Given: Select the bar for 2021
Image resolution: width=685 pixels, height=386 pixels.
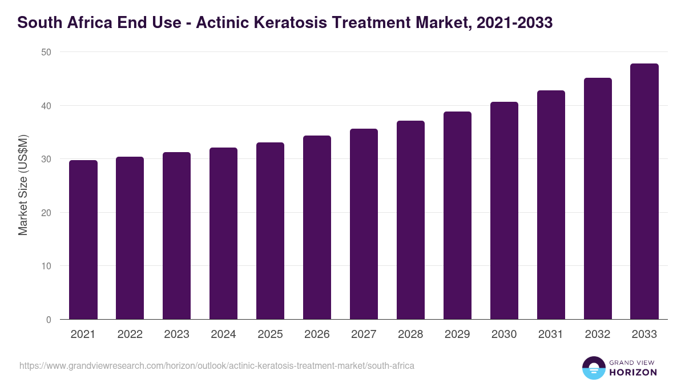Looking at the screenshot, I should pyautogui.click(x=83, y=240).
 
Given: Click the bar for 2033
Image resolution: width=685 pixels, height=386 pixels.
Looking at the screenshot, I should pyautogui.click(x=644, y=192).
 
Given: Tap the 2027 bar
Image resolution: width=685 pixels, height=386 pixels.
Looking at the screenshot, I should pyautogui.click(x=364, y=224).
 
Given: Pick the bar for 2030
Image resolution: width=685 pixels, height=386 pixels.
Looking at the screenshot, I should pyautogui.click(x=504, y=210).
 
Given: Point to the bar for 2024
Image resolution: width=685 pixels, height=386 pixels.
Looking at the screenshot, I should pyautogui.click(x=223, y=233).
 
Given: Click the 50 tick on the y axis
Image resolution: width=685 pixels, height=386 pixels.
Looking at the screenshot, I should pyautogui.click(x=46, y=52).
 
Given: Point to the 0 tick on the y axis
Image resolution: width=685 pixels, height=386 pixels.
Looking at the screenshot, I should pyautogui.click(x=49, y=320).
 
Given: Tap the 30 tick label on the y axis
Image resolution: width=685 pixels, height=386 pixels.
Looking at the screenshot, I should pyautogui.click(x=46, y=159).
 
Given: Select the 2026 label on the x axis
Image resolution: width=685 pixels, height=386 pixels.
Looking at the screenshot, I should pyautogui.click(x=317, y=335).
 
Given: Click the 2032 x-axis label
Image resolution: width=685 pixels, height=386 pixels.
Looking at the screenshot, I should pyautogui.click(x=598, y=335).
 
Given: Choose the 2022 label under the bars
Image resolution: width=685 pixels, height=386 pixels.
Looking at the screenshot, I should pyautogui.click(x=130, y=335).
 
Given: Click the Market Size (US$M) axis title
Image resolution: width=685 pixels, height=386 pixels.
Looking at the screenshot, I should pyautogui.click(x=23, y=186).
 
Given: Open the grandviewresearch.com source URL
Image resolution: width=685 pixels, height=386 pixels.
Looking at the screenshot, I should pyautogui.click(x=217, y=365).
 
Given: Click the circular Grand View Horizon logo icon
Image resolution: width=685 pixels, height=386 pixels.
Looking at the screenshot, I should pyautogui.click(x=593, y=368).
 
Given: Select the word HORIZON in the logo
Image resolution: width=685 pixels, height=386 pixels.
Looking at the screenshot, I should pyautogui.click(x=634, y=372).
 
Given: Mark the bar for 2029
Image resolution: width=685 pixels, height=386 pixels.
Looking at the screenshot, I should pyautogui.click(x=457, y=216).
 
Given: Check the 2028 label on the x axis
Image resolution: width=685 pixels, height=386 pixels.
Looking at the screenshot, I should pyautogui.click(x=410, y=335).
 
